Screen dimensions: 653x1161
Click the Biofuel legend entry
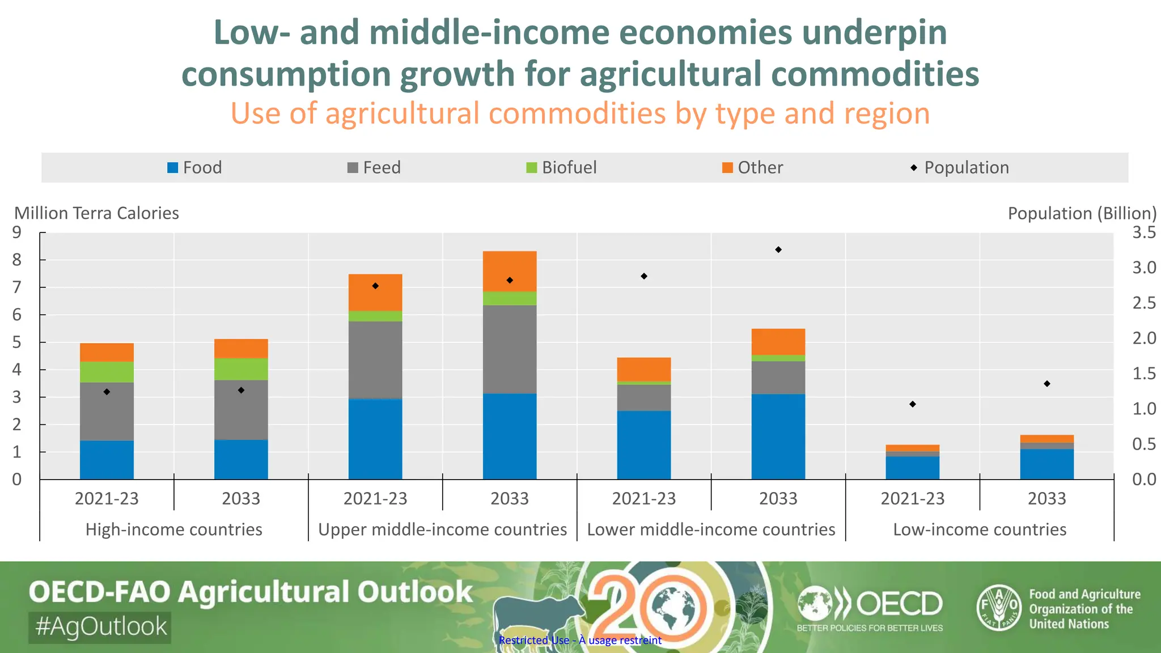[x=561, y=168]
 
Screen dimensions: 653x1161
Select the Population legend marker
[x=914, y=168]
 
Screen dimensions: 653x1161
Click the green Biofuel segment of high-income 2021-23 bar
[x=107, y=372]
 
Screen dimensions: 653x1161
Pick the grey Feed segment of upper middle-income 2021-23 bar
[x=375, y=360]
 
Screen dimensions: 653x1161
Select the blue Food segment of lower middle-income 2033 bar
[x=778, y=436]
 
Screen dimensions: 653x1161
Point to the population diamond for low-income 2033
[x=1047, y=384]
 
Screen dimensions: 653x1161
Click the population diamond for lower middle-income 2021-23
[x=644, y=276]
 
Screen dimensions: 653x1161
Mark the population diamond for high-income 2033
[x=241, y=390]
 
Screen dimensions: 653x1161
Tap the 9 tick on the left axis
[x=17, y=232]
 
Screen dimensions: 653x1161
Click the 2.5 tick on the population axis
[x=1144, y=303]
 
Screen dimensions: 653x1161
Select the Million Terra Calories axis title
[x=96, y=213]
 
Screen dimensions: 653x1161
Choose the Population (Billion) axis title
[x=1082, y=213]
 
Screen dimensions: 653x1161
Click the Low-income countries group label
[x=980, y=529]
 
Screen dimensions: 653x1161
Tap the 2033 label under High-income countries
[x=241, y=499]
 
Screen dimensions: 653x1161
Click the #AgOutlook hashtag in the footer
[x=100, y=627]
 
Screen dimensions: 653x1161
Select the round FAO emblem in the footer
[x=999, y=607]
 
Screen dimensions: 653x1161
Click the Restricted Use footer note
[x=580, y=641]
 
